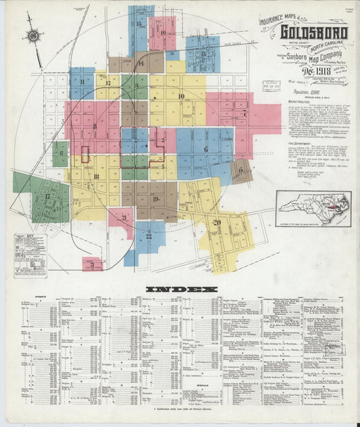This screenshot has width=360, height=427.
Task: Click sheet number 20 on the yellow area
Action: click(217, 222)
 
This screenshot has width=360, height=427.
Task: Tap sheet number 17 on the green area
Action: click(47, 197)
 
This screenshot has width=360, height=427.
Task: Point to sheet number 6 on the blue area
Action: click(205, 149)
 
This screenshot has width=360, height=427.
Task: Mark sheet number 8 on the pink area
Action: click(95, 126)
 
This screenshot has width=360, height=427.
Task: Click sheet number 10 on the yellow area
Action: click(181, 96)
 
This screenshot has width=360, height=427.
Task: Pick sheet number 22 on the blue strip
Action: click(148, 236)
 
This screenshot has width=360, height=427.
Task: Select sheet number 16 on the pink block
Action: click(163, 32)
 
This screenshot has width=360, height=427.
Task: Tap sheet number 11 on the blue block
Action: click(82, 82)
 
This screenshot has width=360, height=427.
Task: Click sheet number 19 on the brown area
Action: click(155, 198)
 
